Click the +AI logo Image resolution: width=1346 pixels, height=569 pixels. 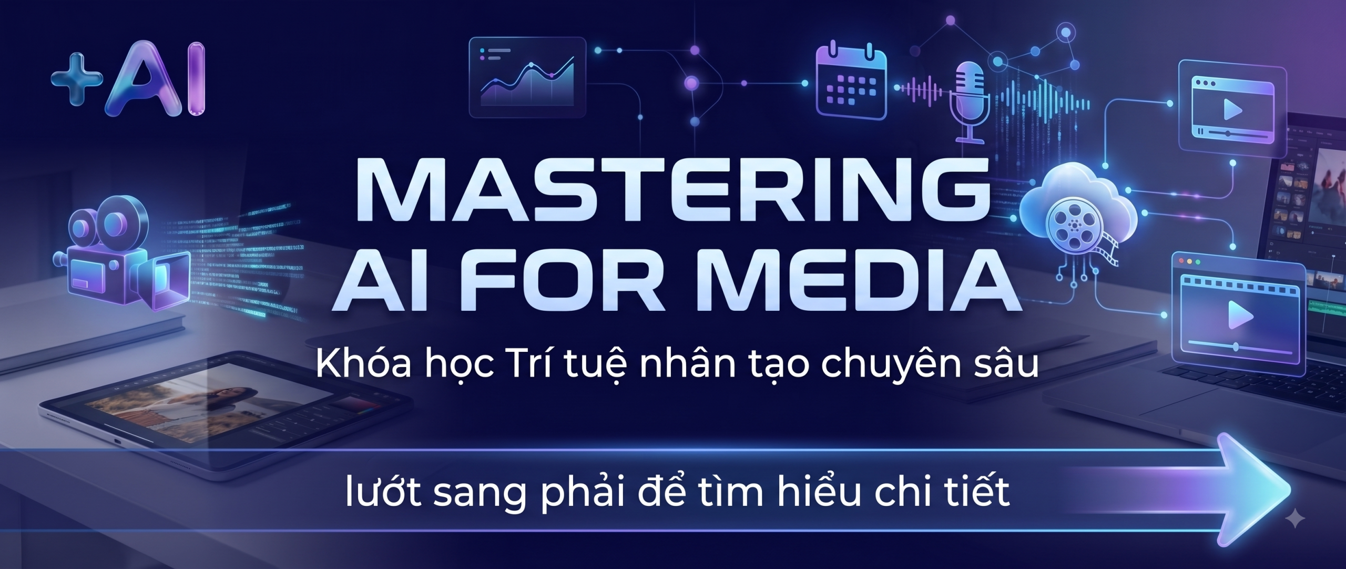tap(128, 80)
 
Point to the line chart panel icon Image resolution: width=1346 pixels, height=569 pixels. tap(527, 78)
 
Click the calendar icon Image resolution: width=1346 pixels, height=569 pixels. tap(851, 81)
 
